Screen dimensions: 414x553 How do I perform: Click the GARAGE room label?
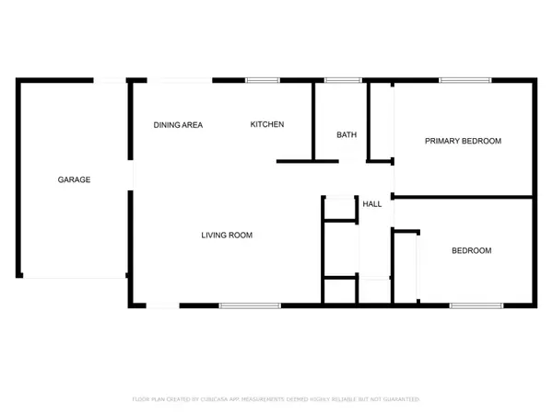[x=74, y=179]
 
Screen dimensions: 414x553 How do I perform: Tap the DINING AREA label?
[x=178, y=125]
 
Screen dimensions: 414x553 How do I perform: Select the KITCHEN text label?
[x=267, y=125]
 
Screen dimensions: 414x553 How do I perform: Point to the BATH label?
[x=346, y=135]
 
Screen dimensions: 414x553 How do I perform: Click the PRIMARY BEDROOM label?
[x=463, y=141]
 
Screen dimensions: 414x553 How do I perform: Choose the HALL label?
[x=372, y=203]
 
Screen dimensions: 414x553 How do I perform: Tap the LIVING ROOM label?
[x=227, y=236]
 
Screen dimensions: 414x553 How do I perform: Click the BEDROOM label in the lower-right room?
[x=470, y=250]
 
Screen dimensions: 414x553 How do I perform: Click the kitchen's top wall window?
[x=262, y=81]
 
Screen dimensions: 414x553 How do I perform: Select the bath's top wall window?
[x=343, y=81]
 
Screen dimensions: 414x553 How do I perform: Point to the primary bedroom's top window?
[x=458, y=81]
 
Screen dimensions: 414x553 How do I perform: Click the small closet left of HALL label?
[x=339, y=208]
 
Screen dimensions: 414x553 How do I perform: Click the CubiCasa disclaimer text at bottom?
[x=276, y=399]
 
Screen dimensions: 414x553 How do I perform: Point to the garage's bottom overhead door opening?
[x=72, y=277]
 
